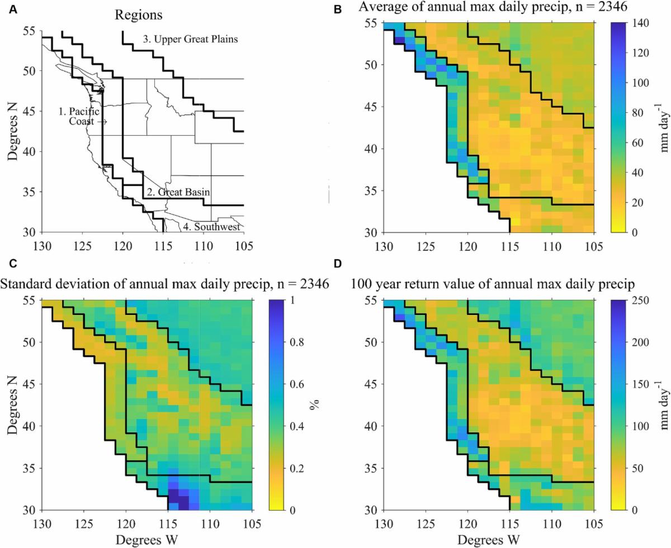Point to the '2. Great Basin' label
point(178,192)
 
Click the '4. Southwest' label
point(211,227)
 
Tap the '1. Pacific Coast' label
point(79,116)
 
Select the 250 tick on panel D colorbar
point(629,301)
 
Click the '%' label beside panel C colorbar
point(314,404)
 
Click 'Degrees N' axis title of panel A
point(13,127)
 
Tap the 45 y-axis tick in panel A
point(29,111)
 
